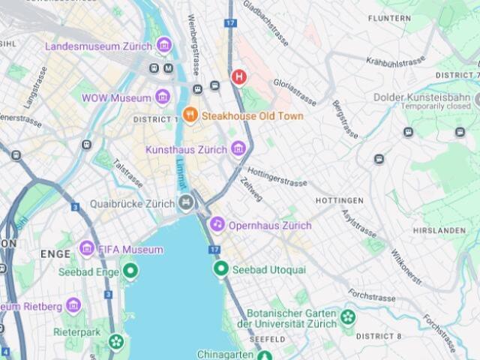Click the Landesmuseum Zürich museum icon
click(164, 46)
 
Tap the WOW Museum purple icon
click(162, 97)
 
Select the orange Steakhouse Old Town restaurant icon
click(190, 116)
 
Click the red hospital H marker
click(238, 76)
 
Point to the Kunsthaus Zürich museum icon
click(238, 149)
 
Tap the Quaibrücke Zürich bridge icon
click(186, 202)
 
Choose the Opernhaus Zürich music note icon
click(217, 224)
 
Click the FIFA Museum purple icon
click(87, 249)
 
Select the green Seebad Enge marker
click(130, 271)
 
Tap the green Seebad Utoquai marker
click(220, 268)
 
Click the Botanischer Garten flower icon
click(347, 317)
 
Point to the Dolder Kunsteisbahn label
click(424, 97)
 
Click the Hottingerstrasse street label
click(277, 177)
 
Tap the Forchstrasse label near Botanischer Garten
click(371, 296)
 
